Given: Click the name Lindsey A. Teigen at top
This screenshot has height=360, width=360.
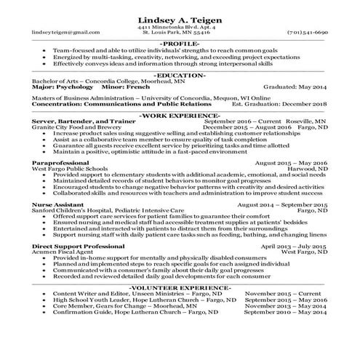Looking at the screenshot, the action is point(179,19).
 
